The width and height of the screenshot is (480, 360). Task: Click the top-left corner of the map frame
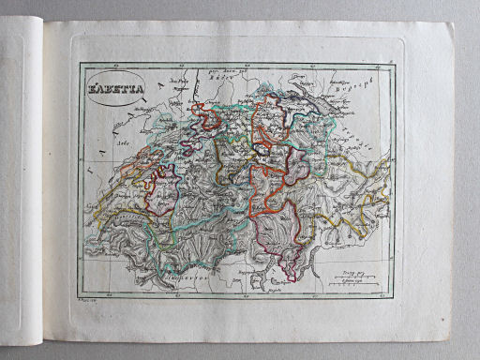[x=81, y=64]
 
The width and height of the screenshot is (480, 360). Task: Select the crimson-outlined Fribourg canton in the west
[x=158, y=192]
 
